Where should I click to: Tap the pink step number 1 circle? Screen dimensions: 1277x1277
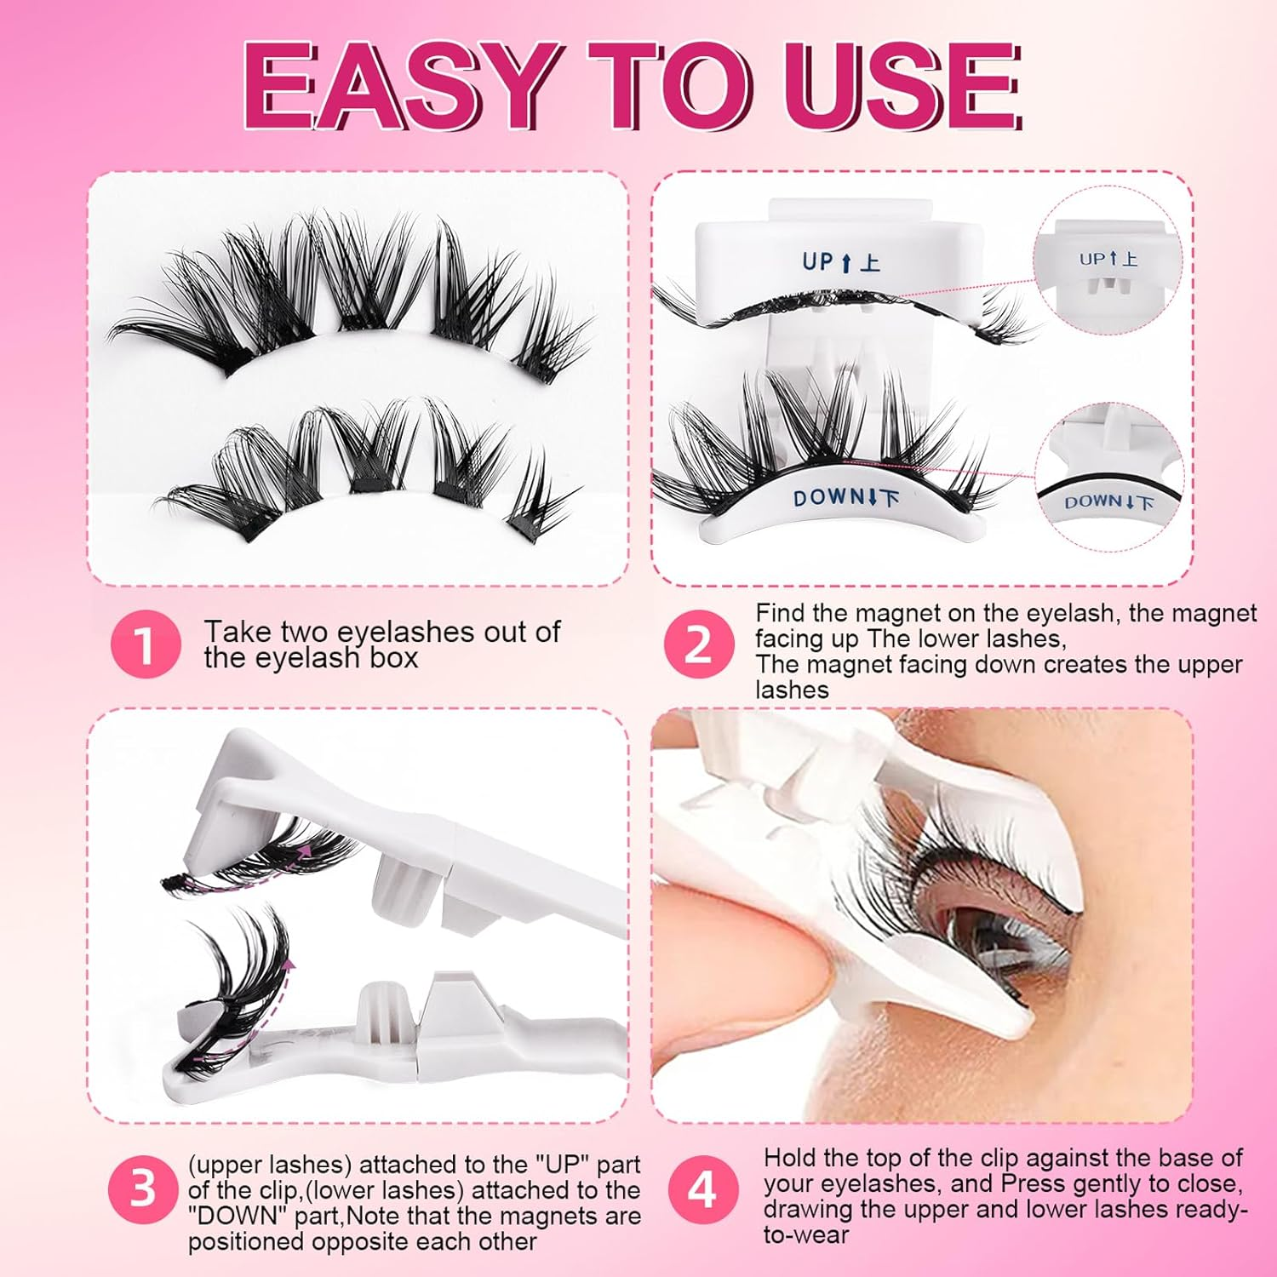146,644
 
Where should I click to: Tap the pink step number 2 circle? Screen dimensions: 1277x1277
699,644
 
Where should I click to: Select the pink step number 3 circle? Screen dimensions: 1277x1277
143,1189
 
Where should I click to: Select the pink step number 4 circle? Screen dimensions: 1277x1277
701,1189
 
